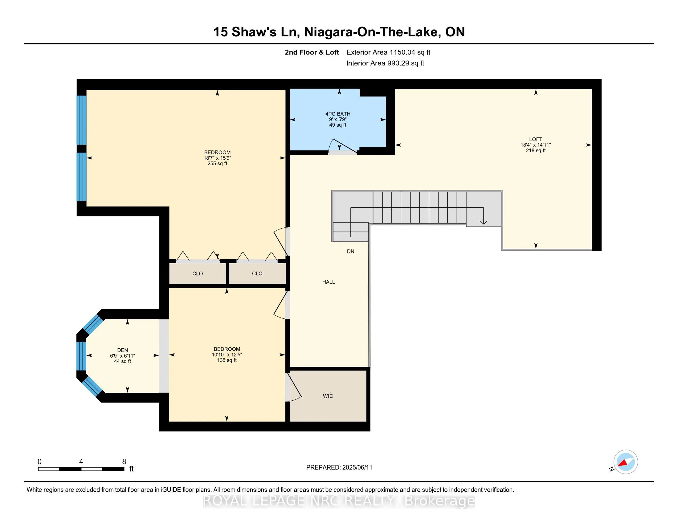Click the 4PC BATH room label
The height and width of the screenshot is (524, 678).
pos(338,114)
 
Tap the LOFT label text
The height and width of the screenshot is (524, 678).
pos(536,139)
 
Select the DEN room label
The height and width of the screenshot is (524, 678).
pos(123,350)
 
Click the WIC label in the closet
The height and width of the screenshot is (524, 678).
pos(328,396)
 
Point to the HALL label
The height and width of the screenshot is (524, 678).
pos(329,282)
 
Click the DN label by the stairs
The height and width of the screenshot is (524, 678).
pos(350,252)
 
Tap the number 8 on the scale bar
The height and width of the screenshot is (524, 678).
pos(124,462)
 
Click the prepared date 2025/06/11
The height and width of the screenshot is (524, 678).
pos(357,468)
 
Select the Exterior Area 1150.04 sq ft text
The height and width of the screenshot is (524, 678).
pos(388,52)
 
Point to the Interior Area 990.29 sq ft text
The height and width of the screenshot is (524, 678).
pos(385,63)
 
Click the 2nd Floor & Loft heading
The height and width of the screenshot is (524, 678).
pos(312,52)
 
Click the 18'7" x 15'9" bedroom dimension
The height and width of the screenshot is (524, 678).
pos(217,158)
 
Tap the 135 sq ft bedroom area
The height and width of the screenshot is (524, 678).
pos(227,360)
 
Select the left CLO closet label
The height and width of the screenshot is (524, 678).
pos(198,273)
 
